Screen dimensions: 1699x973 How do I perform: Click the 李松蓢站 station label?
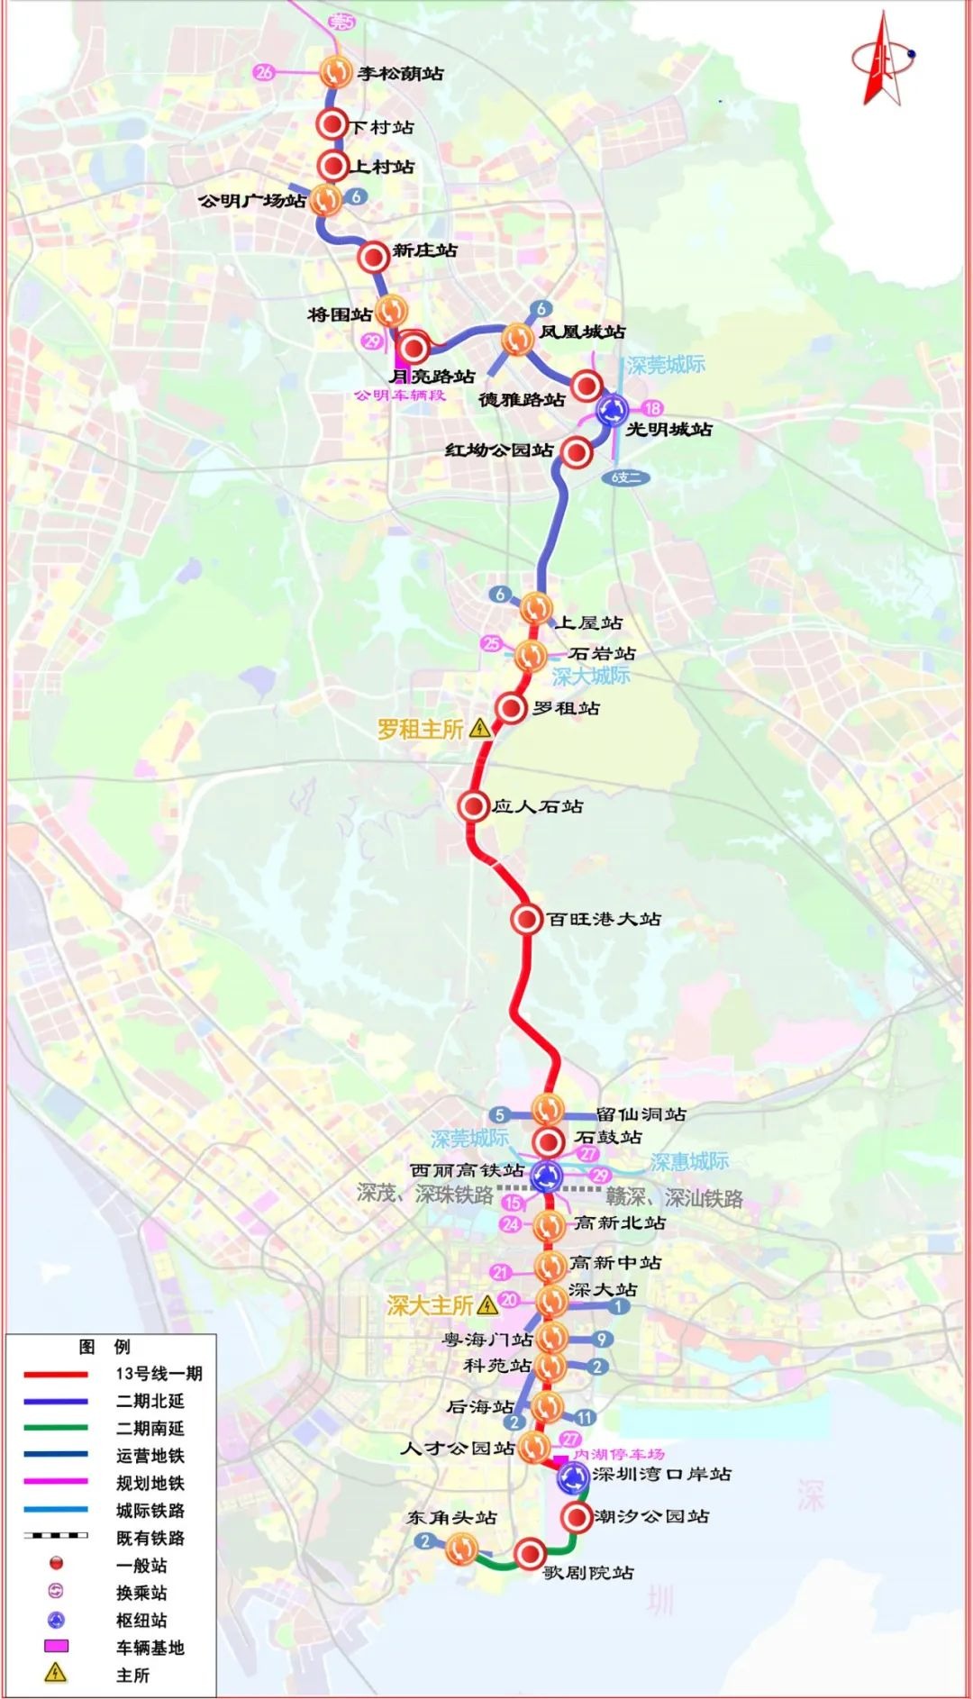pos(400,74)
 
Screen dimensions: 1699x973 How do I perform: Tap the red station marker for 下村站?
pos(332,125)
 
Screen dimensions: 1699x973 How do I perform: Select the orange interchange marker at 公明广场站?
pos(326,199)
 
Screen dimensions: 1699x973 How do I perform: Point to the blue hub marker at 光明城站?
pos(614,411)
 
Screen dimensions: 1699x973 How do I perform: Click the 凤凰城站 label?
pos(582,332)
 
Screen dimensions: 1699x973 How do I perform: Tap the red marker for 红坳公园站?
pos(576,452)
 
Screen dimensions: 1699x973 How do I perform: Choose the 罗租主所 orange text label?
pos(420,729)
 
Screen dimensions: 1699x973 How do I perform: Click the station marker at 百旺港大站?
pos(526,919)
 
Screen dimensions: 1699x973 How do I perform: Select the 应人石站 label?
pos(537,806)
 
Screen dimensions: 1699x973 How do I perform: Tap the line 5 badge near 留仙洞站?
pos(499,1115)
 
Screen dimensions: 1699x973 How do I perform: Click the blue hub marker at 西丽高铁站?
pos(546,1175)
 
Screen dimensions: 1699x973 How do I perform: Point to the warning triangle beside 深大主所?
pos(487,1304)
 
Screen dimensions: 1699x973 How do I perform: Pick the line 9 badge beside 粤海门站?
pos(602,1340)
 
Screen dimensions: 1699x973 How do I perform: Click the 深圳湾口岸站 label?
pos(661,1475)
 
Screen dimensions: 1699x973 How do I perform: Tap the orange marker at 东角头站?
pos(461,1549)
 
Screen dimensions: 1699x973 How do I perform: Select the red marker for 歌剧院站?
pos(530,1553)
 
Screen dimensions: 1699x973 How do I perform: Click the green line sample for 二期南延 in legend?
pos(56,1428)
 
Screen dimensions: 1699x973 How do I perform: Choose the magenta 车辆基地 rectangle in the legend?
pos(56,1646)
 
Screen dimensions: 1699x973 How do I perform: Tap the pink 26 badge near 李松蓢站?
pos(264,72)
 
